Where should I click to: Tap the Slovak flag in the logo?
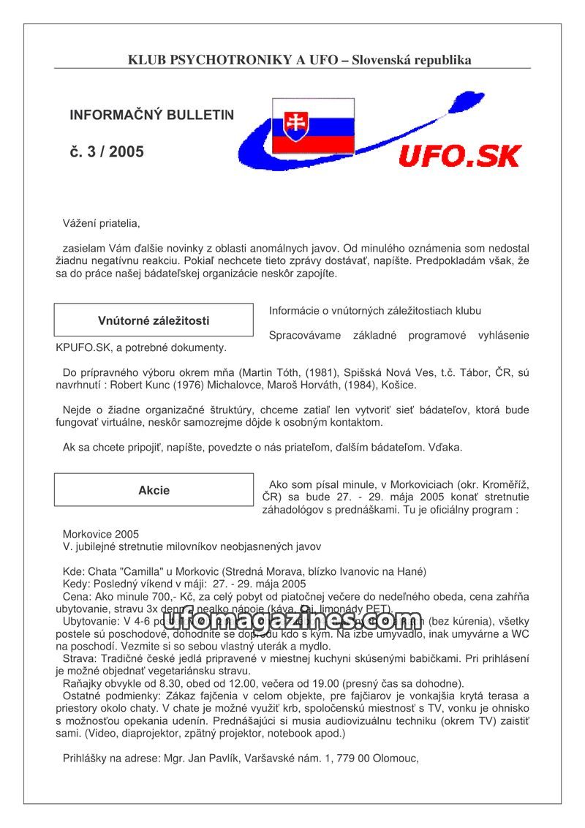pyautogui.click(x=313, y=126)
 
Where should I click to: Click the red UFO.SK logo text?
pyautogui.click(x=459, y=156)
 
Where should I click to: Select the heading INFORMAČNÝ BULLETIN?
pyautogui.click(x=151, y=116)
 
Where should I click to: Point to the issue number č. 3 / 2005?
pyautogui.click(x=107, y=152)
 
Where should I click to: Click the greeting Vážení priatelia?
pyautogui.click(x=101, y=223)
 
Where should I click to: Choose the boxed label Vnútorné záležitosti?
pyautogui.click(x=154, y=320)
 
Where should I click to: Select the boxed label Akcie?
pyautogui.click(x=154, y=490)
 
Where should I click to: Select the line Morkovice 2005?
pyautogui.click(x=101, y=534)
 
